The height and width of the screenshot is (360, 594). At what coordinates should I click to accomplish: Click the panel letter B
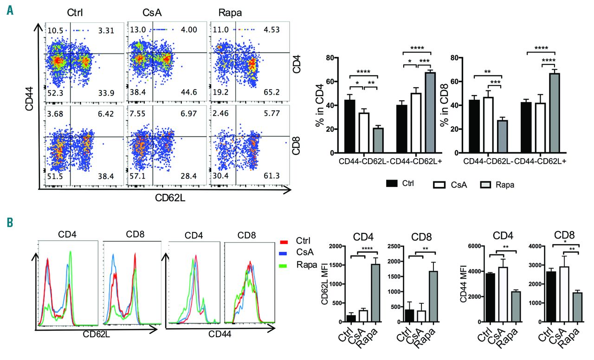[x=9, y=223]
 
